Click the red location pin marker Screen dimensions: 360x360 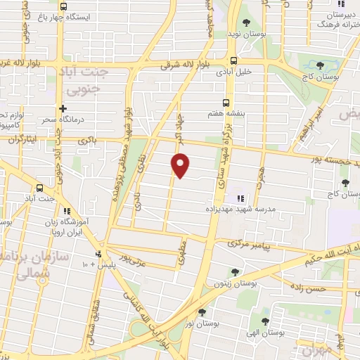pos(181,165)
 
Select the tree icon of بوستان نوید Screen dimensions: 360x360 pos(246,22)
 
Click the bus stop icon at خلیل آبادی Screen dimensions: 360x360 pos(233,61)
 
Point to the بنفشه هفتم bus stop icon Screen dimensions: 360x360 pos(226,101)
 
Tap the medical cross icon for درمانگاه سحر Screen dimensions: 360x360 pos(63,108)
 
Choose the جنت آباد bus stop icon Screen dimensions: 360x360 pos(39,188)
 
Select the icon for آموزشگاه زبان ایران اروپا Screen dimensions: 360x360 pos(66,211)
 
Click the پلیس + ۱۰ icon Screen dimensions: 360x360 pos(98,254)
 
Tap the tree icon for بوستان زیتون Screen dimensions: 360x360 pos(235,272)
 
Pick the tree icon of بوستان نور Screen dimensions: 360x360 pos(202,312)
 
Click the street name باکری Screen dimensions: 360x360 pos(87,141)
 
